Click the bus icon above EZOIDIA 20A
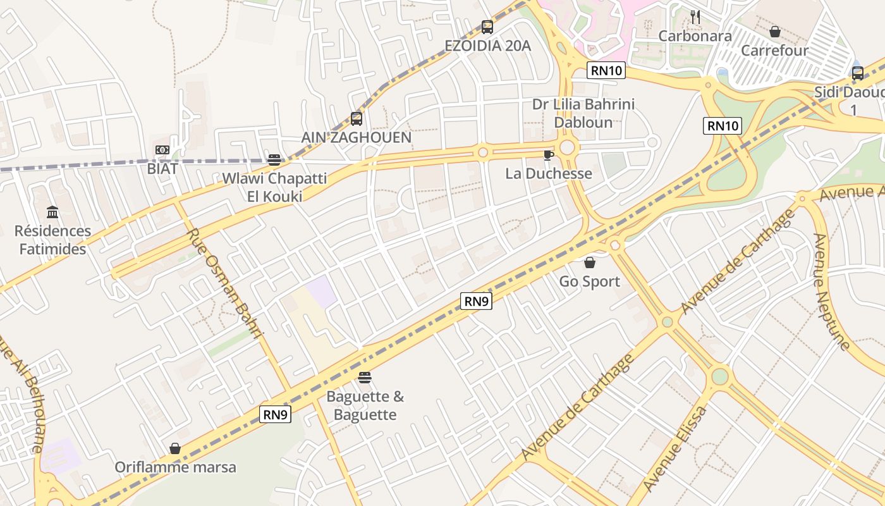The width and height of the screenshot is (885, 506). [x=487, y=27]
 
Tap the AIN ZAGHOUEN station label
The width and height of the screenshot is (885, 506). [x=357, y=137]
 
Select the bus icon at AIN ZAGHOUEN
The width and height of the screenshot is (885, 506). [x=357, y=118]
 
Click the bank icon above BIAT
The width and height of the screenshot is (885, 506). [x=162, y=150]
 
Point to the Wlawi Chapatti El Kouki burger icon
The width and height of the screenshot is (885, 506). [x=274, y=159]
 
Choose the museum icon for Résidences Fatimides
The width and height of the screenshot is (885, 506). [x=52, y=212]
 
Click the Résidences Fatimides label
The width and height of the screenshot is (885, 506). [x=52, y=240]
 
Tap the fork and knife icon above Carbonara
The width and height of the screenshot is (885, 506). [x=695, y=17]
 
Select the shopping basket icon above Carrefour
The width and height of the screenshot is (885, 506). [x=775, y=31]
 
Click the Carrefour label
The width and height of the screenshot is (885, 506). [x=775, y=50]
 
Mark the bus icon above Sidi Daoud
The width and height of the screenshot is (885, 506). [x=858, y=73]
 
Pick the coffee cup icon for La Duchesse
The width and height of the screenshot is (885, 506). [x=549, y=155]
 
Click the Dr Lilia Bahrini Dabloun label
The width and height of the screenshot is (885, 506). [x=583, y=113]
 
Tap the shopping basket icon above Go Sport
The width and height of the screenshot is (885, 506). [x=590, y=262]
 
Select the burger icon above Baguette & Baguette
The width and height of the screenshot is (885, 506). [x=365, y=378]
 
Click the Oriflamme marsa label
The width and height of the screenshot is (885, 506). [x=175, y=467]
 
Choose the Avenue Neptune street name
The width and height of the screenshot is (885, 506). [x=831, y=291]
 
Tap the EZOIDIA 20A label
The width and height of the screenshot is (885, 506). [x=487, y=46]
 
